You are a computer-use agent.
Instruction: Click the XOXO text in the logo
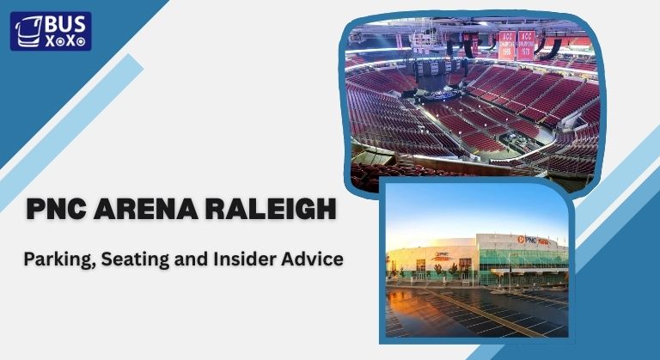coord(62,40)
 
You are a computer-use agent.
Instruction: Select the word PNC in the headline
coord(61,209)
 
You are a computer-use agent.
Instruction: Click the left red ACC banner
coord(507,44)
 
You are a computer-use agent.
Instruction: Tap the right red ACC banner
coord(526,44)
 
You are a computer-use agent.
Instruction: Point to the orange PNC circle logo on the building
coord(521,240)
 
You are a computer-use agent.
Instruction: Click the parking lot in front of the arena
coord(481,314)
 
